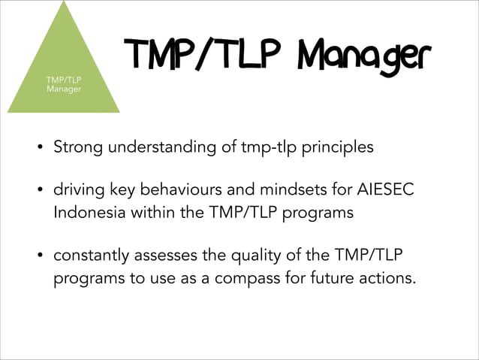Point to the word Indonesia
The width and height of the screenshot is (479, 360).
(89, 213)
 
